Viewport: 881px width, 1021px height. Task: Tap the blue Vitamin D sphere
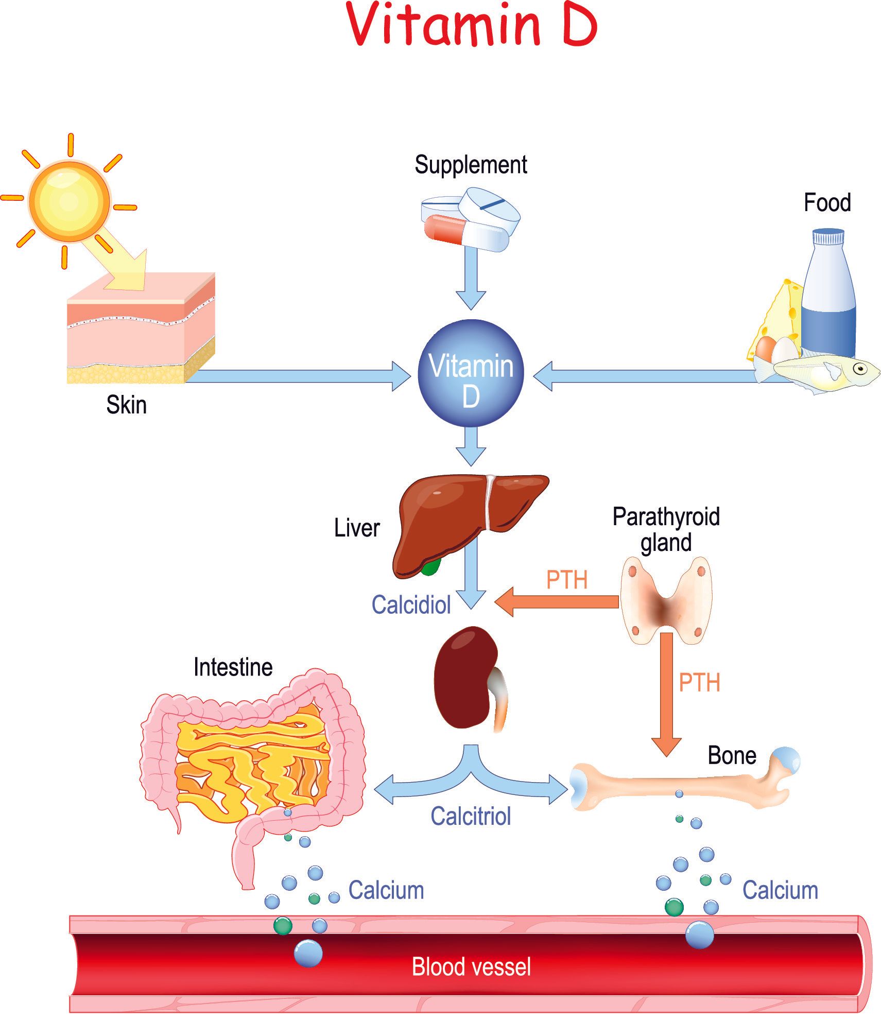[x=471, y=373]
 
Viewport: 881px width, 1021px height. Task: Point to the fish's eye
[x=858, y=369]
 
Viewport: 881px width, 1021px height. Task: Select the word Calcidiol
[x=411, y=604]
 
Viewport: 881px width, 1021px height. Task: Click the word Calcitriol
[x=471, y=816]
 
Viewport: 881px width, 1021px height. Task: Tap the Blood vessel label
[x=471, y=966]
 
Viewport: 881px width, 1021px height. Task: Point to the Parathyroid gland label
[x=666, y=529]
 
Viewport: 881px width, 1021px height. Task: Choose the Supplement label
[x=471, y=165]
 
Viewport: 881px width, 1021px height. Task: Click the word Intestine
[x=233, y=667]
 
